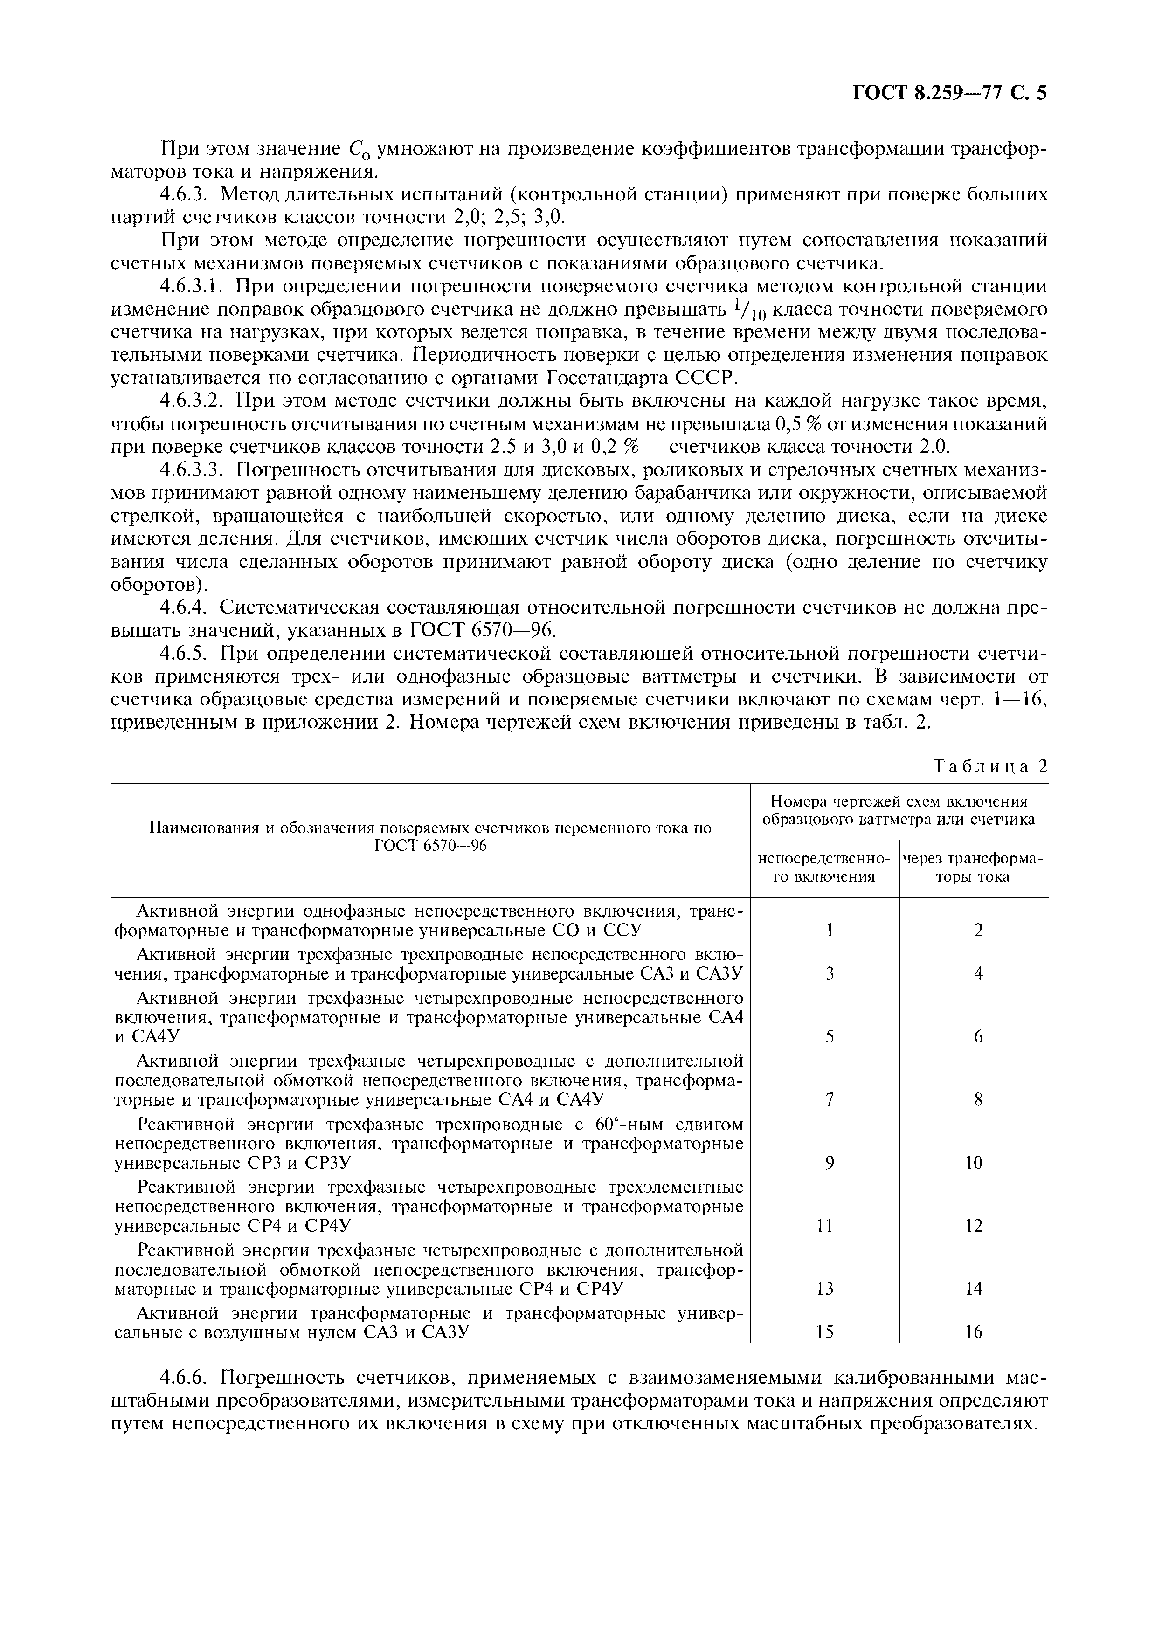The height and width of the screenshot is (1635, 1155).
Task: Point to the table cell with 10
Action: [974, 1163]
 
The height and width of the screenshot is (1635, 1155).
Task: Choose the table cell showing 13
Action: [824, 1289]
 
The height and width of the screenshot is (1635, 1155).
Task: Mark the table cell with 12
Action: [974, 1226]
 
